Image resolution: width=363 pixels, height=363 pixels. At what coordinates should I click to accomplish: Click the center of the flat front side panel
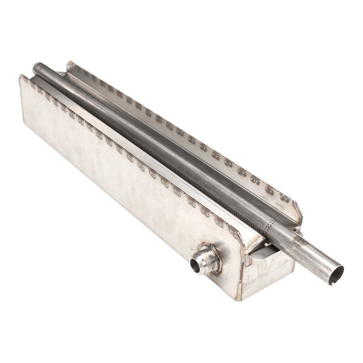[x=121, y=181]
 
